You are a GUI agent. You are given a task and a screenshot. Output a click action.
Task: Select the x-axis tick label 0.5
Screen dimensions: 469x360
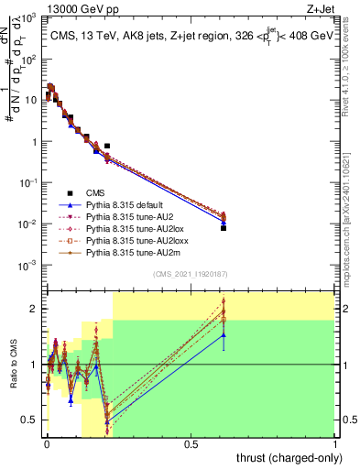point(191,444)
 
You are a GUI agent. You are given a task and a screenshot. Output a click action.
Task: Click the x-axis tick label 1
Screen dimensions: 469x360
point(335,444)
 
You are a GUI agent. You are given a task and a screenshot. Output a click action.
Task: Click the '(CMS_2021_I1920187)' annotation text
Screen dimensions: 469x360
point(190,274)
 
